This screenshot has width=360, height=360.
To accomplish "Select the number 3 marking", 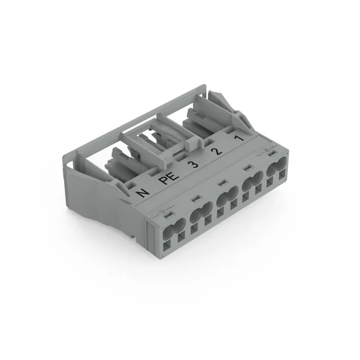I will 193,164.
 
